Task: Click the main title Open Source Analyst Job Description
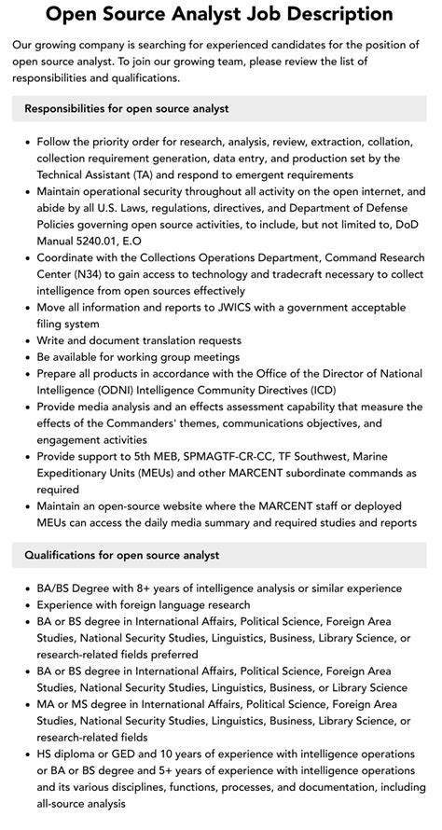220,14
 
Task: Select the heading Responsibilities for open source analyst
127,109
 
